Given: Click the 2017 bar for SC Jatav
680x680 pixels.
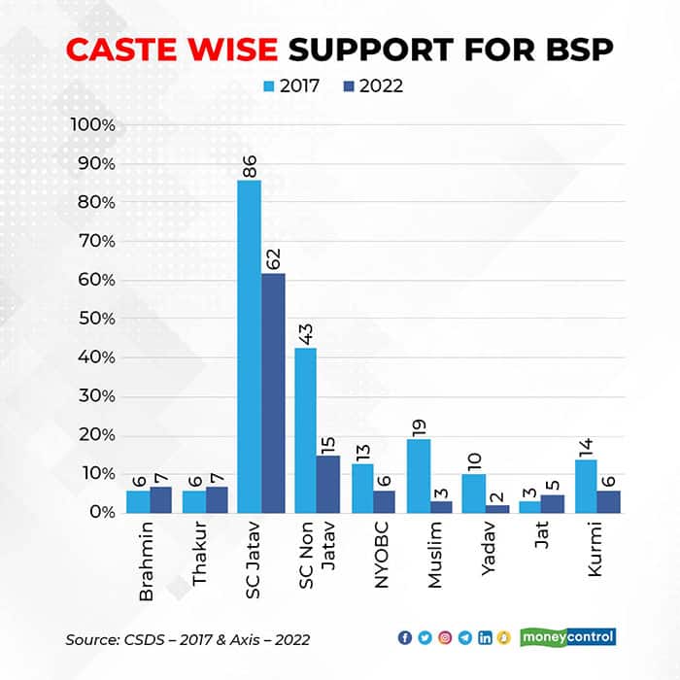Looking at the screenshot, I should [x=250, y=346].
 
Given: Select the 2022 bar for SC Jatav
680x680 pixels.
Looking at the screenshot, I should [x=273, y=392].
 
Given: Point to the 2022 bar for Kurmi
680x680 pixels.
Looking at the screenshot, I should [x=608, y=501].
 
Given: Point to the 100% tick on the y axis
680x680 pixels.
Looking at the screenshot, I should [x=93, y=125].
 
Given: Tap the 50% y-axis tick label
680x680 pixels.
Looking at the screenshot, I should [x=95, y=319].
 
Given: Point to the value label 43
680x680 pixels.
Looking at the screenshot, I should [x=305, y=332].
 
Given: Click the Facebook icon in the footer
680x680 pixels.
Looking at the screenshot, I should [x=405, y=638].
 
